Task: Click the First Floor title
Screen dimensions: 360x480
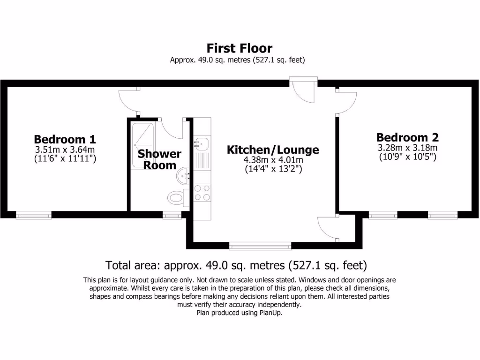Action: [x=240, y=48]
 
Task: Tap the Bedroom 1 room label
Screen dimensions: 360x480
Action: [x=65, y=139]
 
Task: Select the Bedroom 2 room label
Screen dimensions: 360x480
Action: [x=407, y=137]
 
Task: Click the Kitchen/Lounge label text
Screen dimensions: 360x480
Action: [x=273, y=150]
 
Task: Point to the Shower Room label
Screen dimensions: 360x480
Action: [x=159, y=159]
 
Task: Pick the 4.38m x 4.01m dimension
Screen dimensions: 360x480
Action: [x=273, y=160]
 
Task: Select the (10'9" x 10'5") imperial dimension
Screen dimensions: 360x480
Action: [x=407, y=157]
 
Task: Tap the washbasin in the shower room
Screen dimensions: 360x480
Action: [x=183, y=177]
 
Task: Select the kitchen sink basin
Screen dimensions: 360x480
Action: [x=202, y=142]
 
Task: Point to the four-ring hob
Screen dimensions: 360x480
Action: [x=202, y=192]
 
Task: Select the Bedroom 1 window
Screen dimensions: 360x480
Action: [x=34, y=215]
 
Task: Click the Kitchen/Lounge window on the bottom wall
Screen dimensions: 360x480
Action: [x=260, y=245]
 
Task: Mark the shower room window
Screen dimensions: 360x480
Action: [x=172, y=215]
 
